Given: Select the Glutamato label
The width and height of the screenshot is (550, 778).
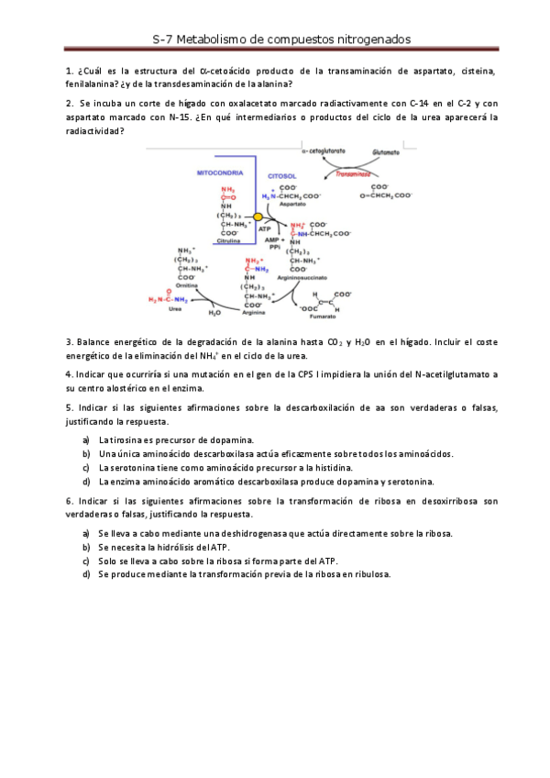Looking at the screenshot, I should coord(387,151).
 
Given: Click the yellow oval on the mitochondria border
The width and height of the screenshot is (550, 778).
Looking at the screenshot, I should coord(258,217).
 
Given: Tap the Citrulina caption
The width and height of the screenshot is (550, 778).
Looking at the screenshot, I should coord(229,241).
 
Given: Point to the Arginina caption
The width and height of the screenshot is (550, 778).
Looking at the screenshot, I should coord(254,313).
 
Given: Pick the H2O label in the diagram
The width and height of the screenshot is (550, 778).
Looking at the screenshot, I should coord(215,313).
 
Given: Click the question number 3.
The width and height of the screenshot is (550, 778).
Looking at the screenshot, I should coord(70,341).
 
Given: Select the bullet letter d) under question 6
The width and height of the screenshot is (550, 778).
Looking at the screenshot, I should coord(86,573).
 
